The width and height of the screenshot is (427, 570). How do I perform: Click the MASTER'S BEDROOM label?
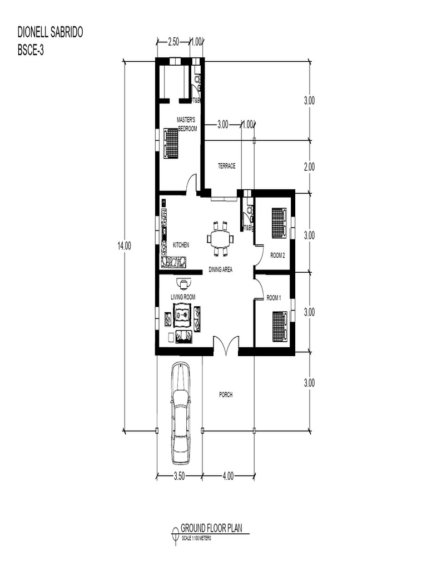click(x=187, y=124)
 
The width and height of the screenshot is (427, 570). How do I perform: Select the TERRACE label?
click(x=226, y=166)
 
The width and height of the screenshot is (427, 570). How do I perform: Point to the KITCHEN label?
click(x=181, y=245)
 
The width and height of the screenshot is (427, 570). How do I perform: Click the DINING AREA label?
click(x=220, y=269)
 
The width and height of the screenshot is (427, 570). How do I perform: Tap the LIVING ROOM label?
click(x=183, y=297)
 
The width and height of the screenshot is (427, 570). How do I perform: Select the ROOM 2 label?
click(x=277, y=255)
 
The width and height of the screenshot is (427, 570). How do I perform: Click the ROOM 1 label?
click(x=274, y=298)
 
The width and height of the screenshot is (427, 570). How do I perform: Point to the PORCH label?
click(x=225, y=395)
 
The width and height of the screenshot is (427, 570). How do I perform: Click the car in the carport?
click(x=180, y=412)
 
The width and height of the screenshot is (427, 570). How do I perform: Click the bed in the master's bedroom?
click(x=171, y=143)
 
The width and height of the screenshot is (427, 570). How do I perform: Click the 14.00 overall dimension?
click(x=124, y=245)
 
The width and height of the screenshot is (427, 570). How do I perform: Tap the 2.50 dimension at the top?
click(x=173, y=42)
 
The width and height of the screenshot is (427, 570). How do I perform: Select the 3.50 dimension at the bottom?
click(x=179, y=476)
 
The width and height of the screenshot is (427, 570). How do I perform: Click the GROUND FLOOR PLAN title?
click(x=211, y=528)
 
